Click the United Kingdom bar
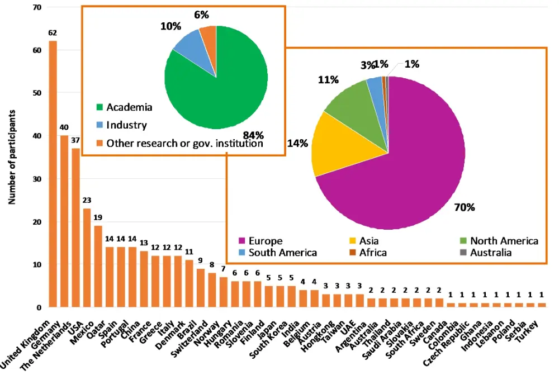click(x=53, y=173)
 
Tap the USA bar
click(x=87, y=257)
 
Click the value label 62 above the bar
click(x=53, y=33)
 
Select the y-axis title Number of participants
click(x=12, y=157)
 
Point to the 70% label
click(x=464, y=208)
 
